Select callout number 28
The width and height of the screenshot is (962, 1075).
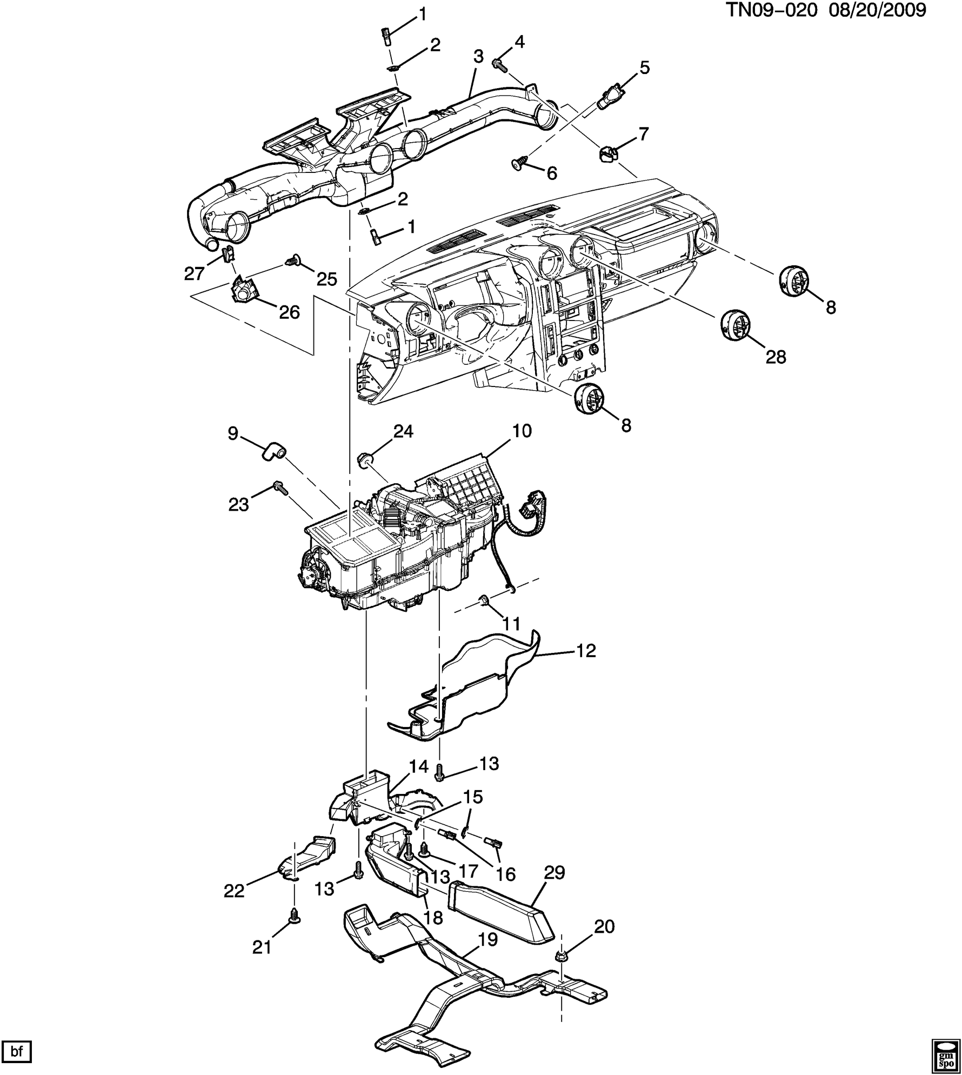pyautogui.click(x=776, y=357)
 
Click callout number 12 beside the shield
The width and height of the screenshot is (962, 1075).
pyautogui.click(x=585, y=650)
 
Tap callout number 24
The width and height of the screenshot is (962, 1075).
pyautogui.click(x=403, y=431)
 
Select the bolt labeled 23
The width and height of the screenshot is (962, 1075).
pyautogui.click(x=280, y=486)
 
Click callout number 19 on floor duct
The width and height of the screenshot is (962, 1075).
pyautogui.click(x=487, y=939)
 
